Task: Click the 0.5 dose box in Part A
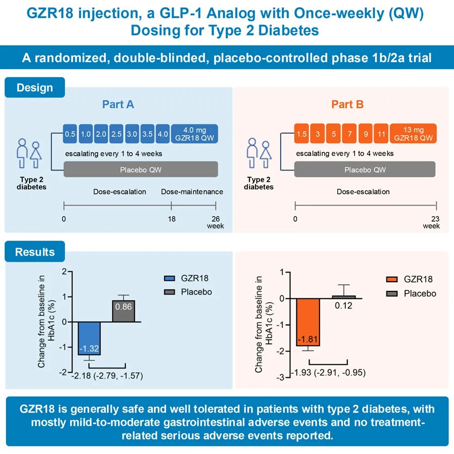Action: coord(70,134)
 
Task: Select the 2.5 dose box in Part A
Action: coord(116,134)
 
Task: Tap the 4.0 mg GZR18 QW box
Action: coord(195,134)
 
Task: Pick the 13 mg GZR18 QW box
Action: coord(413,134)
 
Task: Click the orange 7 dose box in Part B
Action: coord(350,134)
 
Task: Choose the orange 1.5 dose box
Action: coord(301,134)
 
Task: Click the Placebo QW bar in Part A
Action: coord(141,170)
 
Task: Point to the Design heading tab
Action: coord(35,88)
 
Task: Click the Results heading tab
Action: coord(35,252)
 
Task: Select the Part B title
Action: coord(347,104)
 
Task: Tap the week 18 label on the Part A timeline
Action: coord(172,219)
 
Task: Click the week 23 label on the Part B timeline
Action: coord(435,219)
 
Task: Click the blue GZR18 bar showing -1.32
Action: coord(89,338)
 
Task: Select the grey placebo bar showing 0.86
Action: coord(124,311)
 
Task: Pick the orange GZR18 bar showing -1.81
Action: coord(308,322)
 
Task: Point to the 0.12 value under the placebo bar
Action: coord(343,305)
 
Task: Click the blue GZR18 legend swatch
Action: coord(170,278)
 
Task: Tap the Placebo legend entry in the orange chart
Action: coord(411,294)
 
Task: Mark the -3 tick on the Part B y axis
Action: coord(281,377)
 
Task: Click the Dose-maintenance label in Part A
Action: coord(192,192)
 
